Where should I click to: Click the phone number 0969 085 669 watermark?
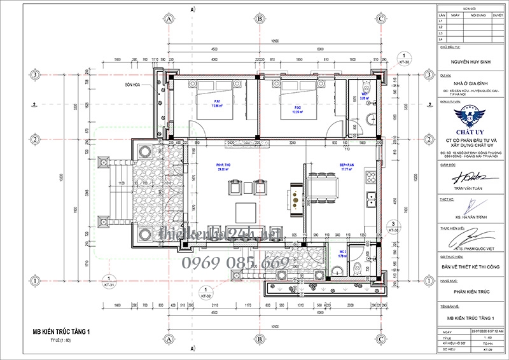[236, 262]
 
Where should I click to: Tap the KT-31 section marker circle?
[109, 280]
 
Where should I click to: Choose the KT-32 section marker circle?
[206, 293]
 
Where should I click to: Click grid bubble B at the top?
[259, 19]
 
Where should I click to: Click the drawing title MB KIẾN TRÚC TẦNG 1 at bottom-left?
[62, 331]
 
